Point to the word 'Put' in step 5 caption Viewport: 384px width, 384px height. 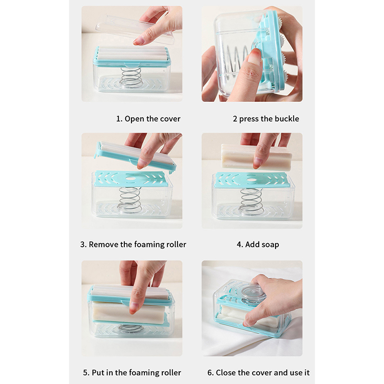pyautogui.click(x=98, y=373)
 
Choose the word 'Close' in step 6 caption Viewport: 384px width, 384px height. pyautogui.click(x=226, y=373)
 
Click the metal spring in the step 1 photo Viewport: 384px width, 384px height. pyautogui.click(x=131, y=77)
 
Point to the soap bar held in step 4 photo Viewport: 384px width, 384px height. pyautogui.click(x=256, y=157)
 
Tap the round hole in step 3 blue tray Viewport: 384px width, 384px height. pyautogui.click(x=130, y=178)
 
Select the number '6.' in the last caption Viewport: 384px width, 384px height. pyautogui.click(x=210, y=373)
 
